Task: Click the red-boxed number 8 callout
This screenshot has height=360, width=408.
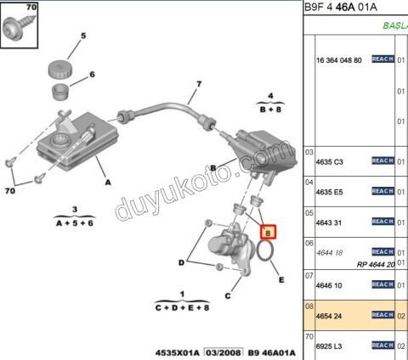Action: coord(268,229)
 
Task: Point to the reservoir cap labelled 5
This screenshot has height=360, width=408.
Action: coord(59,65)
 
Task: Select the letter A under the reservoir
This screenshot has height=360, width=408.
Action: coord(108,182)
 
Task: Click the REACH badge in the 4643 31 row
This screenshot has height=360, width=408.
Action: coord(382,222)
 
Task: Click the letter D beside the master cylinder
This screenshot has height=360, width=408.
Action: coord(180,262)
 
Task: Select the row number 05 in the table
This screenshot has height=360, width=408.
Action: coord(310,214)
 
